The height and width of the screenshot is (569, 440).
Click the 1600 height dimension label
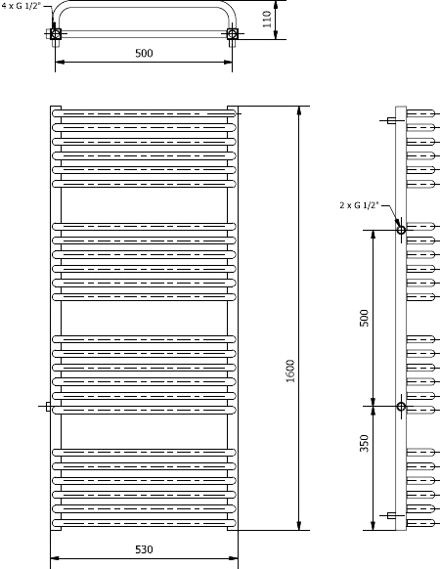point(290,371)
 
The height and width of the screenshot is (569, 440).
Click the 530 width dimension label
point(144,549)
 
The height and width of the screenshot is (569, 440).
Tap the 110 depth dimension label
point(267,20)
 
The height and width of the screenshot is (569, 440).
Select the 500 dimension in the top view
point(144,54)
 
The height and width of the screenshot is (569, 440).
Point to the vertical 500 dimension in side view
point(364,318)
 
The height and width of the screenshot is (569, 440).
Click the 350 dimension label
point(364,443)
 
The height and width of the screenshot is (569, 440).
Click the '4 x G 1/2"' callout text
point(22,6)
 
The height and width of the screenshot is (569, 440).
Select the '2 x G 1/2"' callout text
point(359,205)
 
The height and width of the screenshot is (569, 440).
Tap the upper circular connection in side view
point(401,230)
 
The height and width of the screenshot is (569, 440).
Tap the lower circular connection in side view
point(401,406)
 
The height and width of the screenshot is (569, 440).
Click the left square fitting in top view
point(56,34)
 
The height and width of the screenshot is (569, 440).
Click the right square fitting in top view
point(233,34)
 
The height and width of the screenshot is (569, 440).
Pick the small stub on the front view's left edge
point(48,407)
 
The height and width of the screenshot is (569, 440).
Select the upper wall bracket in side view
point(391,120)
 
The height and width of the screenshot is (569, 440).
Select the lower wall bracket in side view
point(391,515)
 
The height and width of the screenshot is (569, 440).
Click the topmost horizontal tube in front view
point(144,113)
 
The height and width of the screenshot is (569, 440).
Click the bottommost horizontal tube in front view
point(144,523)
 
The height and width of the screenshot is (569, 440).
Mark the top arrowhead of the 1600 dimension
point(299,110)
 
